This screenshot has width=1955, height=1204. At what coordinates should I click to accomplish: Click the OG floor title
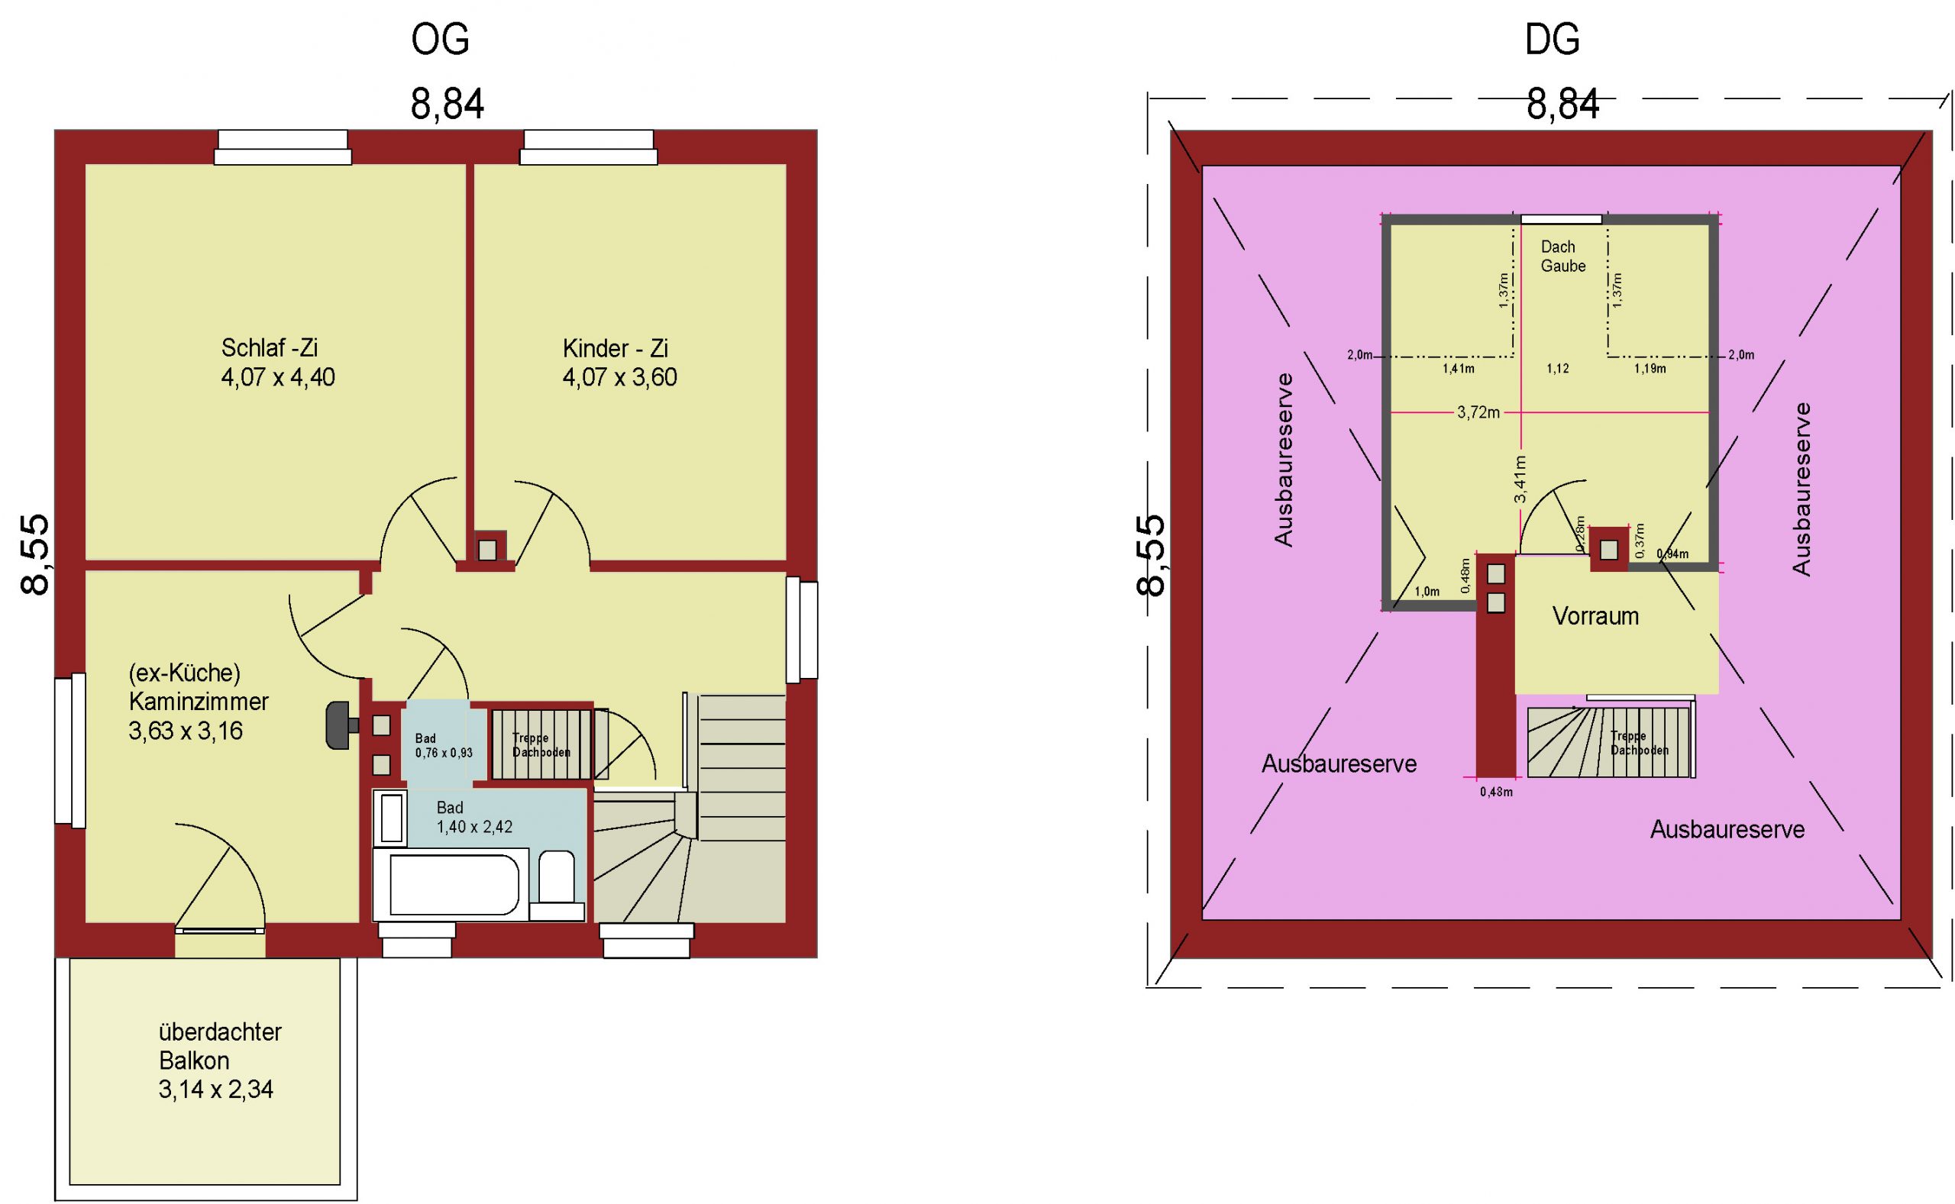pos(440,39)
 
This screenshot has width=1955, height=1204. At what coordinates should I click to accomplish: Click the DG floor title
pos(1551,39)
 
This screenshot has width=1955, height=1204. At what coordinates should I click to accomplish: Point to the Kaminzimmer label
pos(199,702)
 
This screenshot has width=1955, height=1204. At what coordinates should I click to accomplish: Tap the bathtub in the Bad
pos(451,885)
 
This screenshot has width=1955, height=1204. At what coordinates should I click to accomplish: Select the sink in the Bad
pos(391,818)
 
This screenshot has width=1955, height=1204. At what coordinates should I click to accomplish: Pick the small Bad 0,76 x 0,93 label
pos(444,745)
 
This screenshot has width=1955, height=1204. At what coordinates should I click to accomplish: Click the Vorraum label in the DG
pos(1595,615)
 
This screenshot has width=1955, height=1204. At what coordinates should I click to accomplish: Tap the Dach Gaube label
pos(1562,257)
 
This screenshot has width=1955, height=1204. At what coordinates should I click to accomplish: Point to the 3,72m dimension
pos(1478,412)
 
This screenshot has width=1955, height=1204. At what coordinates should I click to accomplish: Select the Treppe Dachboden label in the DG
pos(1639,743)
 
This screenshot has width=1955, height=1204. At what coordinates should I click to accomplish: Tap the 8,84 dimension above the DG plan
pos(1562,105)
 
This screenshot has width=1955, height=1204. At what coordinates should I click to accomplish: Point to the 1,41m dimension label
pos(1458,369)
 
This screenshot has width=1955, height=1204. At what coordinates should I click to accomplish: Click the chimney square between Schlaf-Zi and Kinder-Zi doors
pos(487,550)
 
